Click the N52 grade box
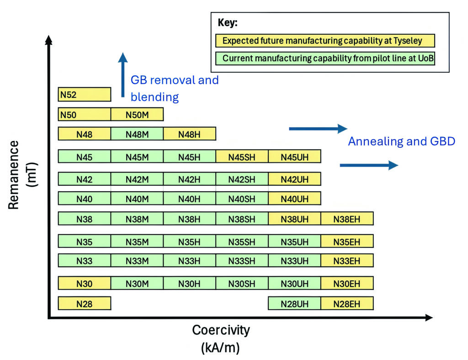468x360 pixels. (85, 94)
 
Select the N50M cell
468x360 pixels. (137, 114)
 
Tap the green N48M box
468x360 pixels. (137, 134)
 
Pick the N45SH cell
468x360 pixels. (242, 156)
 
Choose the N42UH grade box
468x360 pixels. (295, 179)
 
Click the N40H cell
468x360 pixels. (190, 199)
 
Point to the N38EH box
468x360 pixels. (347, 219)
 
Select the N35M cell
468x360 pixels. (137, 241)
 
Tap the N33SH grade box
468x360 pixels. (242, 261)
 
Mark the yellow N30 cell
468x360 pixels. (85, 283)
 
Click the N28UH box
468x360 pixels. (295, 303)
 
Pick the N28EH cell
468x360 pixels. (347, 303)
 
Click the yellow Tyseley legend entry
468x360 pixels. (325, 41)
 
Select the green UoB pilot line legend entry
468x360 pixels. (325, 58)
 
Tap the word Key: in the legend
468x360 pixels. (228, 22)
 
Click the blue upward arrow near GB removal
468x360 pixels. (122, 75)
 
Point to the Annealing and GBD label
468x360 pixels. (401, 141)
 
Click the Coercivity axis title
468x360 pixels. (221, 330)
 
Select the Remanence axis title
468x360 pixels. (13, 175)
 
